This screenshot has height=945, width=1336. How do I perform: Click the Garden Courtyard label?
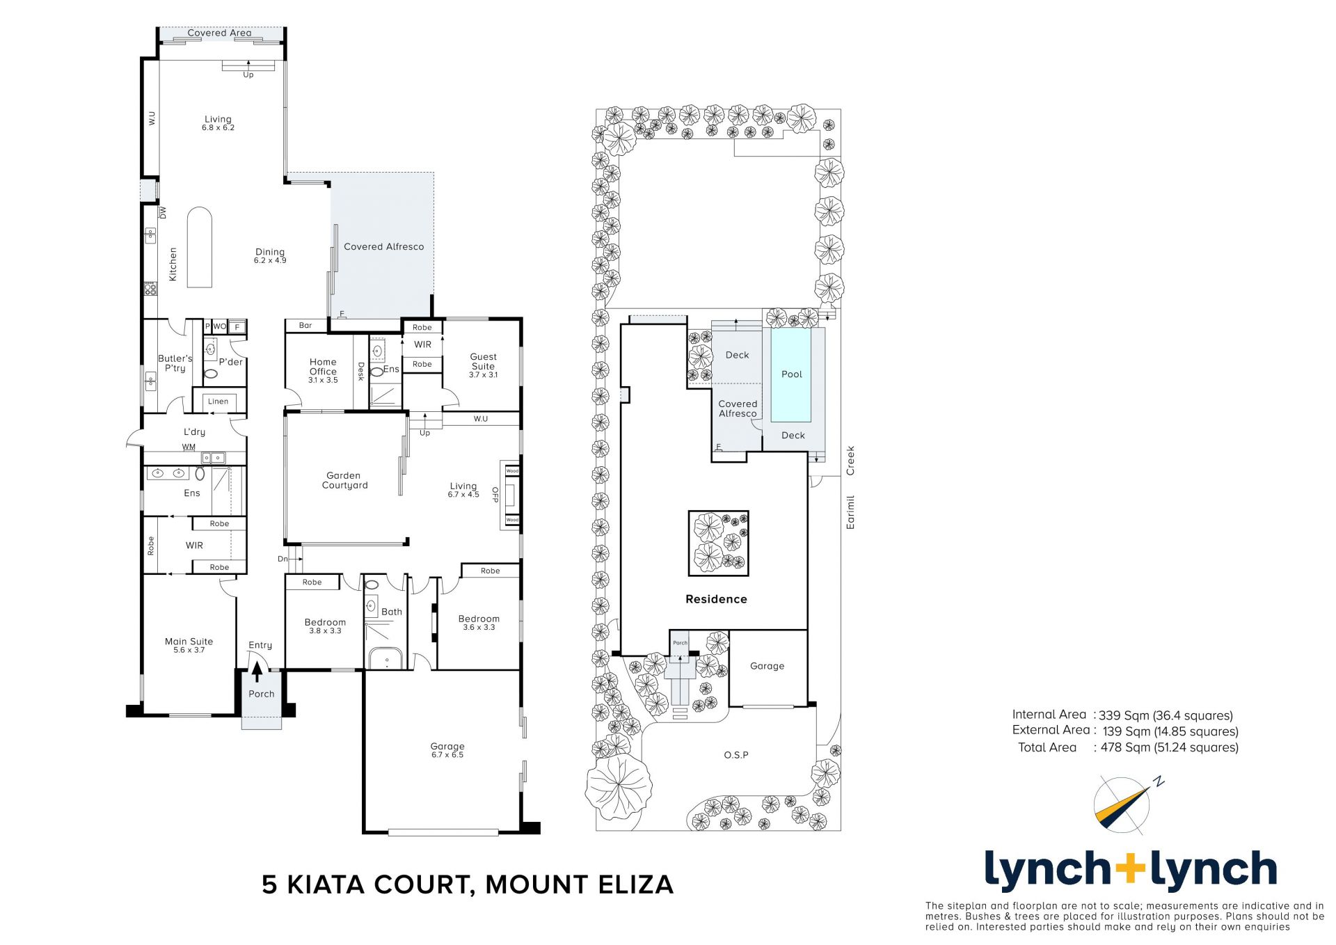click(344, 480)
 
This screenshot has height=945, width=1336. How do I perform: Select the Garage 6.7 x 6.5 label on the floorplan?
click(447, 750)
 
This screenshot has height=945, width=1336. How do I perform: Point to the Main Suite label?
click(189, 646)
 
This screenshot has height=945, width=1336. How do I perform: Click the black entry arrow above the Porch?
click(257, 672)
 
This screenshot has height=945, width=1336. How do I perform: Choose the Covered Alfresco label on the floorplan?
click(383, 246)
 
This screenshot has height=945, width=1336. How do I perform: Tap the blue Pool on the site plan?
click(792, 374)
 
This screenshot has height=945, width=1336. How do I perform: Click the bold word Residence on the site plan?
click(716, 599)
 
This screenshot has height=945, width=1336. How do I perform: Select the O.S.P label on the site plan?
click(736, 755)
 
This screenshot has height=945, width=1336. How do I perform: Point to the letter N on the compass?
click(1159, 781)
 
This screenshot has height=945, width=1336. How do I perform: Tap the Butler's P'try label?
click(175, 363)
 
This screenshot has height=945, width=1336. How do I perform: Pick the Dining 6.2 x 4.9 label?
click(270, 255)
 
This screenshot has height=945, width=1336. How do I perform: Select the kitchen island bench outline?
click(200, 247)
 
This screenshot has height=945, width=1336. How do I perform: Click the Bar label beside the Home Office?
click(305, 325)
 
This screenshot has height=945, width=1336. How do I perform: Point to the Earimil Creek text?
click(850, 487)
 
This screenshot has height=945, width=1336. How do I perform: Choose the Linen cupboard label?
click(218, 402)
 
